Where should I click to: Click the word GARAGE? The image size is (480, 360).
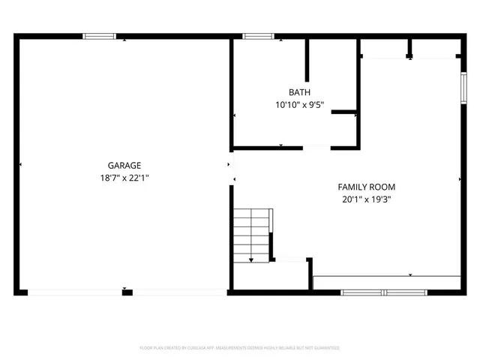click(124, 166)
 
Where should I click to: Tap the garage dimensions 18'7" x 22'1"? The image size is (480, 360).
click(124, 178)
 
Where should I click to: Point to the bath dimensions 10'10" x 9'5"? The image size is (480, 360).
click(299, 106)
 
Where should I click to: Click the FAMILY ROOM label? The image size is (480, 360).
click(366, 187)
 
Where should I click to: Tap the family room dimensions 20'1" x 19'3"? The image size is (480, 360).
click(366, 199)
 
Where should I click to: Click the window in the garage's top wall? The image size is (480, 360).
click(99, 35)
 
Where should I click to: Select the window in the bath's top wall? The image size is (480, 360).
click(257, 35)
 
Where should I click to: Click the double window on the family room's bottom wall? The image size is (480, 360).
click(382, 291)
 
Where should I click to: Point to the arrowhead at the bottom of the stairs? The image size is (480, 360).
click(251, 259)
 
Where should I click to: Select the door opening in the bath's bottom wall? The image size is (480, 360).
click(316, 147)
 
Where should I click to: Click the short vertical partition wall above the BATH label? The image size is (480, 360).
click(307, 58)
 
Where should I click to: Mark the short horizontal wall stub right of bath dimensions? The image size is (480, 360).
click(345, 112)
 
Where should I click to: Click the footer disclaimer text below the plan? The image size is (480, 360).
click(240, 348)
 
